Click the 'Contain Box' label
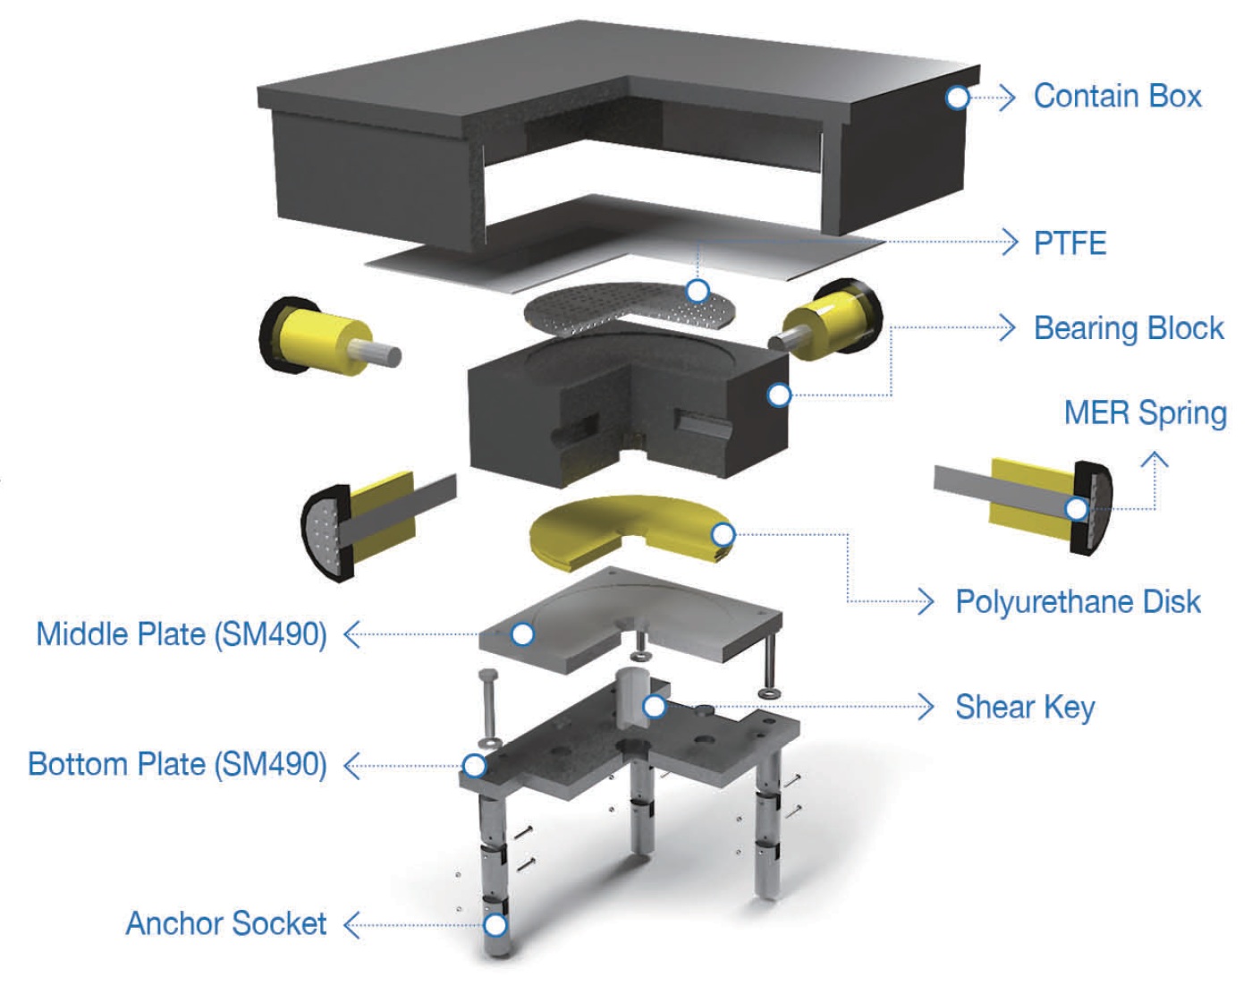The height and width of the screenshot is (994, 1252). [x=1117, y=96]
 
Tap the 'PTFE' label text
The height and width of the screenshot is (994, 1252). [x=1070, y=242]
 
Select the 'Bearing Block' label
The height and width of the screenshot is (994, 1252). [x=1129, y=328]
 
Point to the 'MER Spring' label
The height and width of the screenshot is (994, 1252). [x=1145, y=413]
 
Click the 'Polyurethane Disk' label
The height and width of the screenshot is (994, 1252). [x=1078, y=602]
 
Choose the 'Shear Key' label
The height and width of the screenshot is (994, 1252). [x=1025, y=707]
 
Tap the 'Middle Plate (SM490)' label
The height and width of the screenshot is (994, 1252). [x=182, y=634]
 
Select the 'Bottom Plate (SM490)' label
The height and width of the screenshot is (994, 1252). [x=177, y=765]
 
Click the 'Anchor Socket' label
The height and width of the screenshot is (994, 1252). [x=226, y=923]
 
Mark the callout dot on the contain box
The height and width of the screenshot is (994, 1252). [x=958, y=97]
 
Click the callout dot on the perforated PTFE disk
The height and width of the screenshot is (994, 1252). [x=698, y=291]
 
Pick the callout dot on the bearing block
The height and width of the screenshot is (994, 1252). [x=779, y=395]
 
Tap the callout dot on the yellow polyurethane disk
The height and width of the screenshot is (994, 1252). [x=723, y=535]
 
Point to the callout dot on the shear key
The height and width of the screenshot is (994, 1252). [x=655, y=707]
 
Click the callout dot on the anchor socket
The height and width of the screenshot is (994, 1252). [x=495, y=924]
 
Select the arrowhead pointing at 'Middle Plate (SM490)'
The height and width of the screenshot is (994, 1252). [x=351, y=634]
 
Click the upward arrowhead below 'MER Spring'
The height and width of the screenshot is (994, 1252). [x=1155, y=461]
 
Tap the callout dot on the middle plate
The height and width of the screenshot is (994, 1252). [x=522, y=634]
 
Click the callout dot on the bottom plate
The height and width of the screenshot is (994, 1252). [x=474, y=766]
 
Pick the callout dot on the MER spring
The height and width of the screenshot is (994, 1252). [x=1077, y=509]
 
